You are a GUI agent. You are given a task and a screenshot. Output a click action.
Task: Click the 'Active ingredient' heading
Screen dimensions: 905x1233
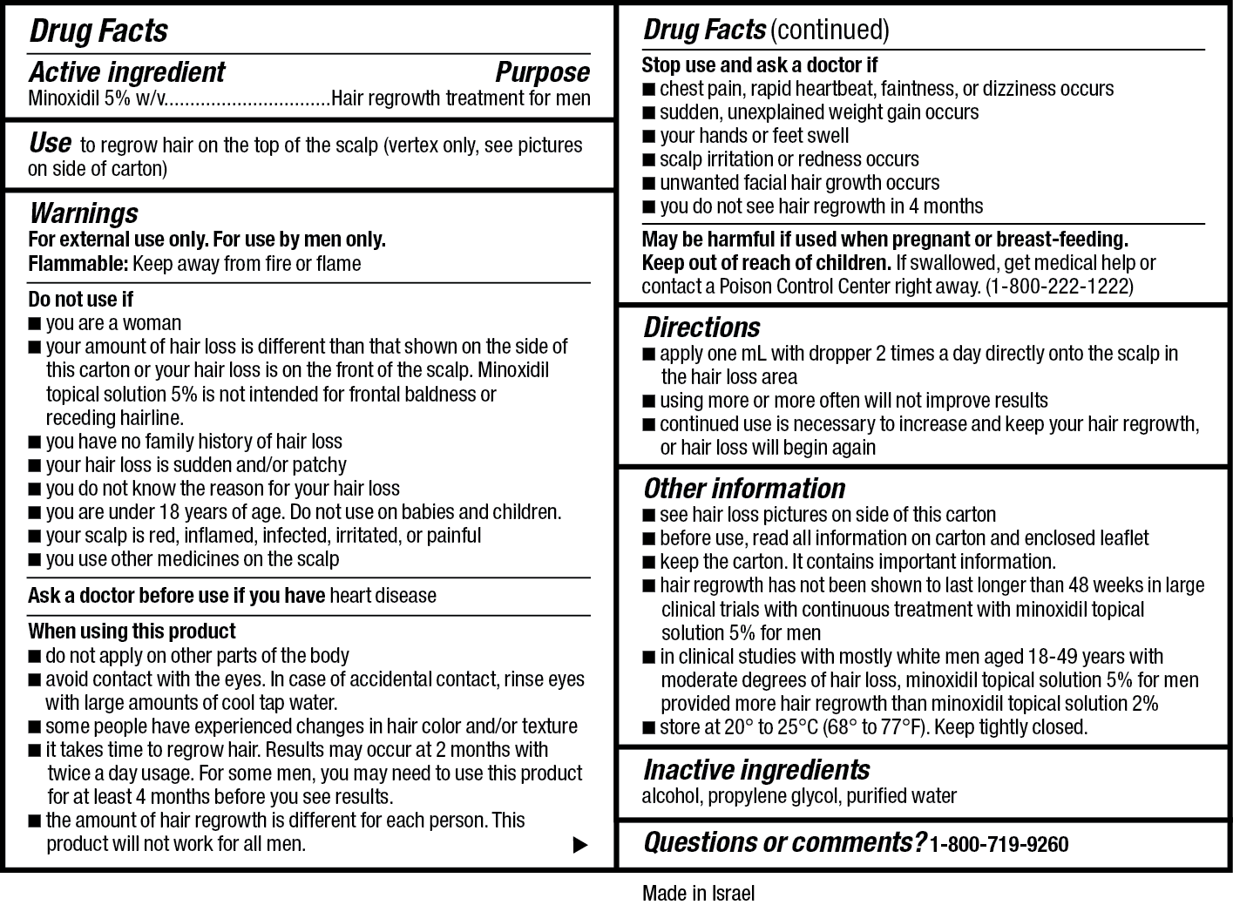127,71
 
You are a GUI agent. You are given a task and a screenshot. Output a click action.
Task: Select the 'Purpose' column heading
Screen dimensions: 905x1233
542,71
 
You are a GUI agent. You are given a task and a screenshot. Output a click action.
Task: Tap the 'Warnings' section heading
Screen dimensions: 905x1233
84,213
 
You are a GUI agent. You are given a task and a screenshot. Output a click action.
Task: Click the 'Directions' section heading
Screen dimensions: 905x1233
701,328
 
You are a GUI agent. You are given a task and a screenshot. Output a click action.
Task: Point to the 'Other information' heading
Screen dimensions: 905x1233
744,489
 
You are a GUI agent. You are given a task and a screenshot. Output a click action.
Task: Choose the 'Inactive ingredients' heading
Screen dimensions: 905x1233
755,770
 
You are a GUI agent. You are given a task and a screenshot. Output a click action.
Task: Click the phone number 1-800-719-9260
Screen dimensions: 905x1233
999,844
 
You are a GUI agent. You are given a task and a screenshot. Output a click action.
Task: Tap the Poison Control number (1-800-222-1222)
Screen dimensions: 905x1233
1059,287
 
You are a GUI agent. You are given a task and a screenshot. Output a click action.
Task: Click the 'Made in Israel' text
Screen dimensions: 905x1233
698,893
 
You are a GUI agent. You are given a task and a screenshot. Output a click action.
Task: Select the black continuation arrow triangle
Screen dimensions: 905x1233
579,844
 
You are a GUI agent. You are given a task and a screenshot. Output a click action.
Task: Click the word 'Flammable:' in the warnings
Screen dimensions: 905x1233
78,264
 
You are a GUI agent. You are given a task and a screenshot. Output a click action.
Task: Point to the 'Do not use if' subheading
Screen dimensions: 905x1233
80,300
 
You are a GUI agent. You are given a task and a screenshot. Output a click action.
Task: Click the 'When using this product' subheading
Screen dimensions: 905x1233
132,631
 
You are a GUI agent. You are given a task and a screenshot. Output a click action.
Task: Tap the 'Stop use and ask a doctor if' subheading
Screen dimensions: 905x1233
759,65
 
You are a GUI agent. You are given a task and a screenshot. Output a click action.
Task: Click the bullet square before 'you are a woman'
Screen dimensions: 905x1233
34,324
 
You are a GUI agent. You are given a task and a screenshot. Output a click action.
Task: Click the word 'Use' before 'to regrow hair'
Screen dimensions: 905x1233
50,143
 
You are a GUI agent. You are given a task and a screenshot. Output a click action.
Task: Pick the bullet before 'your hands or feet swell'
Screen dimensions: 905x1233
648,137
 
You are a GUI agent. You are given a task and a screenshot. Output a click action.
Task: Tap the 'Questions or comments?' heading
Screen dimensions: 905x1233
783,843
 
